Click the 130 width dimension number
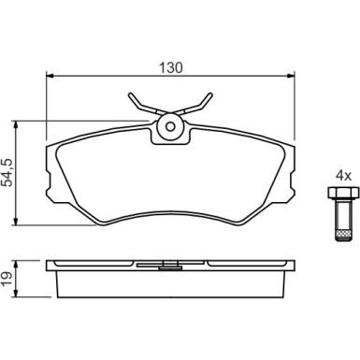[x=171, y=67]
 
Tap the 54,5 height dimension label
[x=7, y=172]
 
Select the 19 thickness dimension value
[x=7, y=279]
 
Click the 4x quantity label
[x=343, y=177]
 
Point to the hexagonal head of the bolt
[x=343, y=193]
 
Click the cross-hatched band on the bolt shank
[x=343, y=234]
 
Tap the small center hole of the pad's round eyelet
[x=170, y=127]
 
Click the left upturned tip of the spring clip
[x=130, y=94]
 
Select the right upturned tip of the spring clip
[x=210, y=94]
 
